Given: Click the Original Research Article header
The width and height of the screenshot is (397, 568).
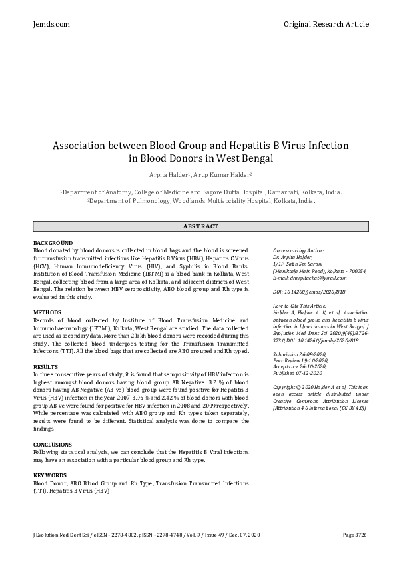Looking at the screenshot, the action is click(x=326, y=24).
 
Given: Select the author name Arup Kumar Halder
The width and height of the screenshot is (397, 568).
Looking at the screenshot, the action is click(x=222, y=174).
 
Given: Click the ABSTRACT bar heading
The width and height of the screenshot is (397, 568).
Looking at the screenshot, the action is click(x=200, y=226).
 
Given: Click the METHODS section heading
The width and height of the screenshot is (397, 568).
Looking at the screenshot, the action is click(x=47, y=312).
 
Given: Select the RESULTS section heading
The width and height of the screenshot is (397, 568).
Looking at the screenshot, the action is click(x=46, y=367).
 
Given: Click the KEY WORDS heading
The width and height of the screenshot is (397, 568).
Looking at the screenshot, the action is click(x=51, y=475).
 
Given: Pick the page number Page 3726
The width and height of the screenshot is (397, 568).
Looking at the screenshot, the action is click(x=354, y=535).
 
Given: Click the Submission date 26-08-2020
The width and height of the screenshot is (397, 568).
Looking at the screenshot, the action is click(x=299, y=354).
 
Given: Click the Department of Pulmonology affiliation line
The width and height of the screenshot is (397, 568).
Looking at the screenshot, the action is click(x=201, y=200).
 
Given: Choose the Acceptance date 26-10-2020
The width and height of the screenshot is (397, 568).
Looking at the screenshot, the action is click(x=300, y=366).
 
